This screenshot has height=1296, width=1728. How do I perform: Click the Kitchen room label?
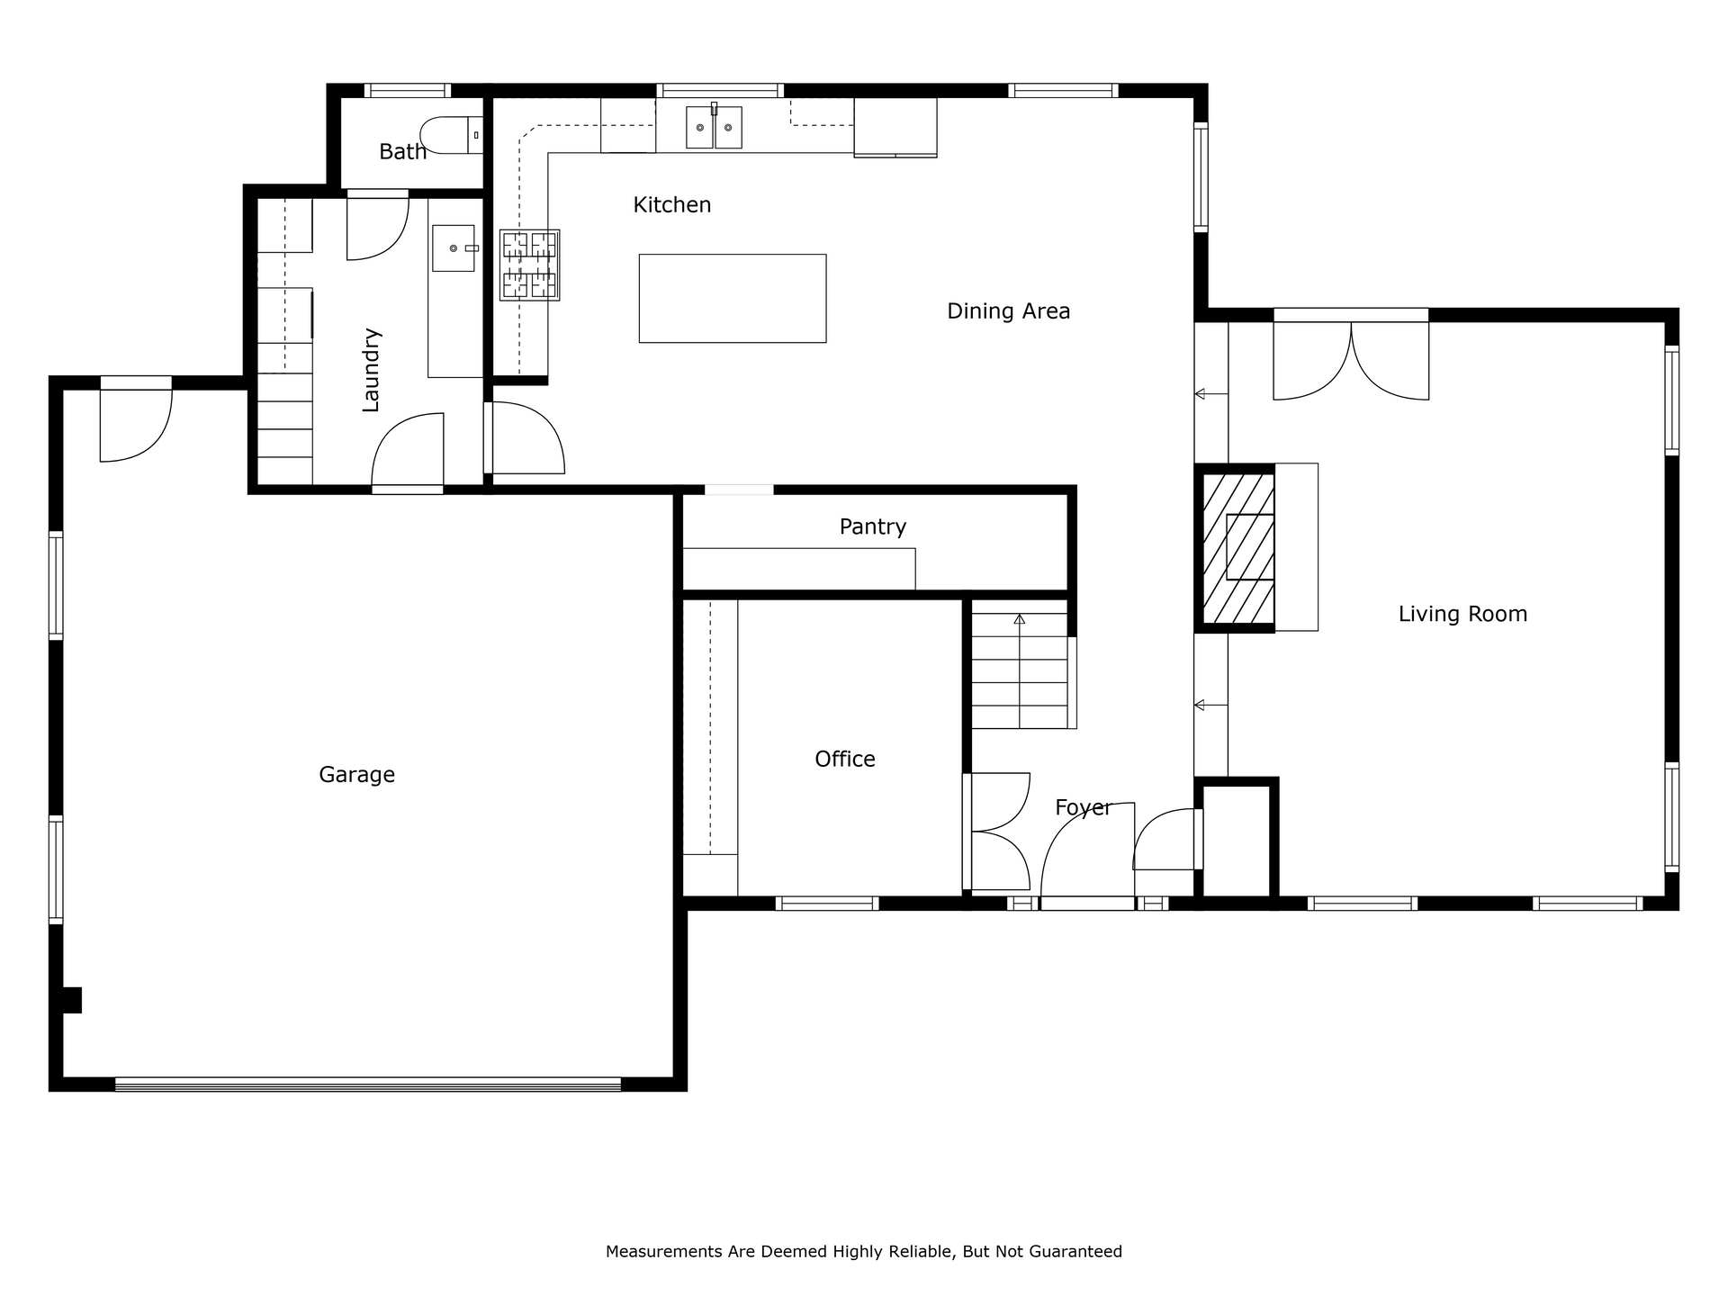(x=671, y=205)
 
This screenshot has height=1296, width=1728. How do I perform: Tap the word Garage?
(x=356, y=775)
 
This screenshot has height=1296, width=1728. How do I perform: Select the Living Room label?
(x=1462, y=615)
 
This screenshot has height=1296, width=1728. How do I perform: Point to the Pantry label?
(x=872, y=527)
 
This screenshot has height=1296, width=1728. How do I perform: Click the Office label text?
(x=844, y=760)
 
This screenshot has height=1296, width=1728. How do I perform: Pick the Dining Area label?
(x=1008, y=312)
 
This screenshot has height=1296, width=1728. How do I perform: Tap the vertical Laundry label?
(x=371, y=370)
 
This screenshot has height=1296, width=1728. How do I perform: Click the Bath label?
(x=402, y=152)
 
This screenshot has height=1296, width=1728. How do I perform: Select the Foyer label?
(x=1083, y=808)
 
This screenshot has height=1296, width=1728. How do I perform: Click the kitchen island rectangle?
(x=733, y=298)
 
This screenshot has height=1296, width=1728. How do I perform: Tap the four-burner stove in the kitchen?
(x=530, y=265)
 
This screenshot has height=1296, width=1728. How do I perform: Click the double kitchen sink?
(x=714, y=127)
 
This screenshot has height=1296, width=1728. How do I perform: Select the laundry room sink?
(x=454, y=247)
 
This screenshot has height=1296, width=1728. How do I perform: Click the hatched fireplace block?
(x=1238, y=547)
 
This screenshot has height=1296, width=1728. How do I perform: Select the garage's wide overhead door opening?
(x=368, y=1084)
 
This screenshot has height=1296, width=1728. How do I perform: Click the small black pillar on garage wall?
(x=72, y=1000)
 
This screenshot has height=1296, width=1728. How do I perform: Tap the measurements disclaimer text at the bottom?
(x=864, y=1251)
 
